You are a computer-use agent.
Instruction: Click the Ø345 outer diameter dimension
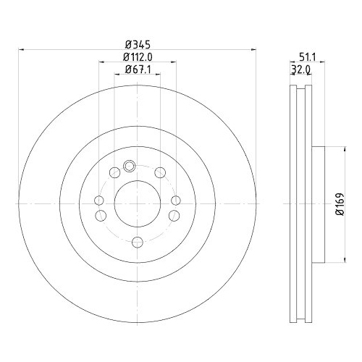point(137,43)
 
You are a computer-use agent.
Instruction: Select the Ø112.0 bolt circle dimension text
point(137,56)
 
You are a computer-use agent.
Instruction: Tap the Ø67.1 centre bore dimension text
point(137,70)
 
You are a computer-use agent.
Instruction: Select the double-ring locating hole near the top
point(130,166)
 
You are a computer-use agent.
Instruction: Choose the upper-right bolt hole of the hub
point(160,172)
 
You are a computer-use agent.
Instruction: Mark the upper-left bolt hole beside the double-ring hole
point(114,172)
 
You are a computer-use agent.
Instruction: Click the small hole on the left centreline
point(99,201)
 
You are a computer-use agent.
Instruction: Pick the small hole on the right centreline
point(174,201)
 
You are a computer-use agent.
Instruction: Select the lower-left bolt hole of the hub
point(101,215)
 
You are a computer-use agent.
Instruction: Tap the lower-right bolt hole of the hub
point(172,215)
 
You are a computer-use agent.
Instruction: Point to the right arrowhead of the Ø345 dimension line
point(253,50)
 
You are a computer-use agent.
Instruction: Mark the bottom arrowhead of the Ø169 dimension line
point(330,261)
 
